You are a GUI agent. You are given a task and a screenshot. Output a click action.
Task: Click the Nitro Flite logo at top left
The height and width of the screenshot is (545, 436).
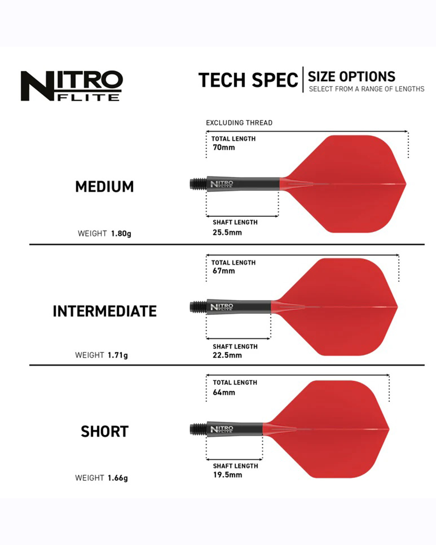pos(72,86)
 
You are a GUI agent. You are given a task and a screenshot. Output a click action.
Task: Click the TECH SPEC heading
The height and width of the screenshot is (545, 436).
pos(248,80)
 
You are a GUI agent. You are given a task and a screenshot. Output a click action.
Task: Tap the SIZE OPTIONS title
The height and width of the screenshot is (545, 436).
pos(352,77)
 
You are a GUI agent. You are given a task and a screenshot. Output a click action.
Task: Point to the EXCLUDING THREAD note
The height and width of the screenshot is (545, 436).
pos(239,123)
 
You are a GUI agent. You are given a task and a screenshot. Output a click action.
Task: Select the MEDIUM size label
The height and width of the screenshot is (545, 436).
pos(104,187)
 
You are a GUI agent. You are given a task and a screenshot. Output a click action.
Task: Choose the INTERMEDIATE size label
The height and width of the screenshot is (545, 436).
pos(105,311)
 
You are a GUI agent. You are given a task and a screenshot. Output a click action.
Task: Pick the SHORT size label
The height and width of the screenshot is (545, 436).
pos(105,432)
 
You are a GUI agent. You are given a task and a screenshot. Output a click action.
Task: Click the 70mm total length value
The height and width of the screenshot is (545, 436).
pos(224,147)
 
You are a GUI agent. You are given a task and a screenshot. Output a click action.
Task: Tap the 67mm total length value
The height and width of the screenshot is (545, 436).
pos(224,271)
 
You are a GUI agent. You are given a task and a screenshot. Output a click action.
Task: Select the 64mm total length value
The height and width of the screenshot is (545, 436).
pos(224,392)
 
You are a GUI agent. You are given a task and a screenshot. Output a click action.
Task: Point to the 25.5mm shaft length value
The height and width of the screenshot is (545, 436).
pos(227,232)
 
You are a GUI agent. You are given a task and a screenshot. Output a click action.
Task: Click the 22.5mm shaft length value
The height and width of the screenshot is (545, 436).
pos(227,355)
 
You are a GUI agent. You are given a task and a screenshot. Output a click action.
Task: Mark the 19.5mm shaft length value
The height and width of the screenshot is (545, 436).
pos(228,475)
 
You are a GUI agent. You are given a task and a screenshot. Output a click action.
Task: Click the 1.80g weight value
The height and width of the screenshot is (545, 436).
pos(121,234)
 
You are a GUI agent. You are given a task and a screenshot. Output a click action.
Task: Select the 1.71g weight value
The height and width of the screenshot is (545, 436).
pos(118,355)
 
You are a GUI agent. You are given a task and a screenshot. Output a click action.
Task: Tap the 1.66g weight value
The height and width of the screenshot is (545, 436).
pos(118,478)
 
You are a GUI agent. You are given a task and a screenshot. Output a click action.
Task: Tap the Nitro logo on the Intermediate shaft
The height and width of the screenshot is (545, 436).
pos(222,307)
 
